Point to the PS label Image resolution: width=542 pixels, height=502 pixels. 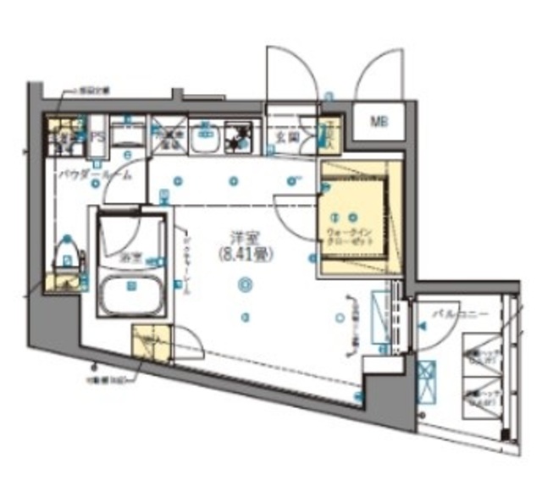tap(98, 136)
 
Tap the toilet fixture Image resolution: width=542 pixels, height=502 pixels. tap(69, 251)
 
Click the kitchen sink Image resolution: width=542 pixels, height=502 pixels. tap(205, 138)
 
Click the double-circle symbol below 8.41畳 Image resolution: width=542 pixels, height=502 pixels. tap(244, 284)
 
